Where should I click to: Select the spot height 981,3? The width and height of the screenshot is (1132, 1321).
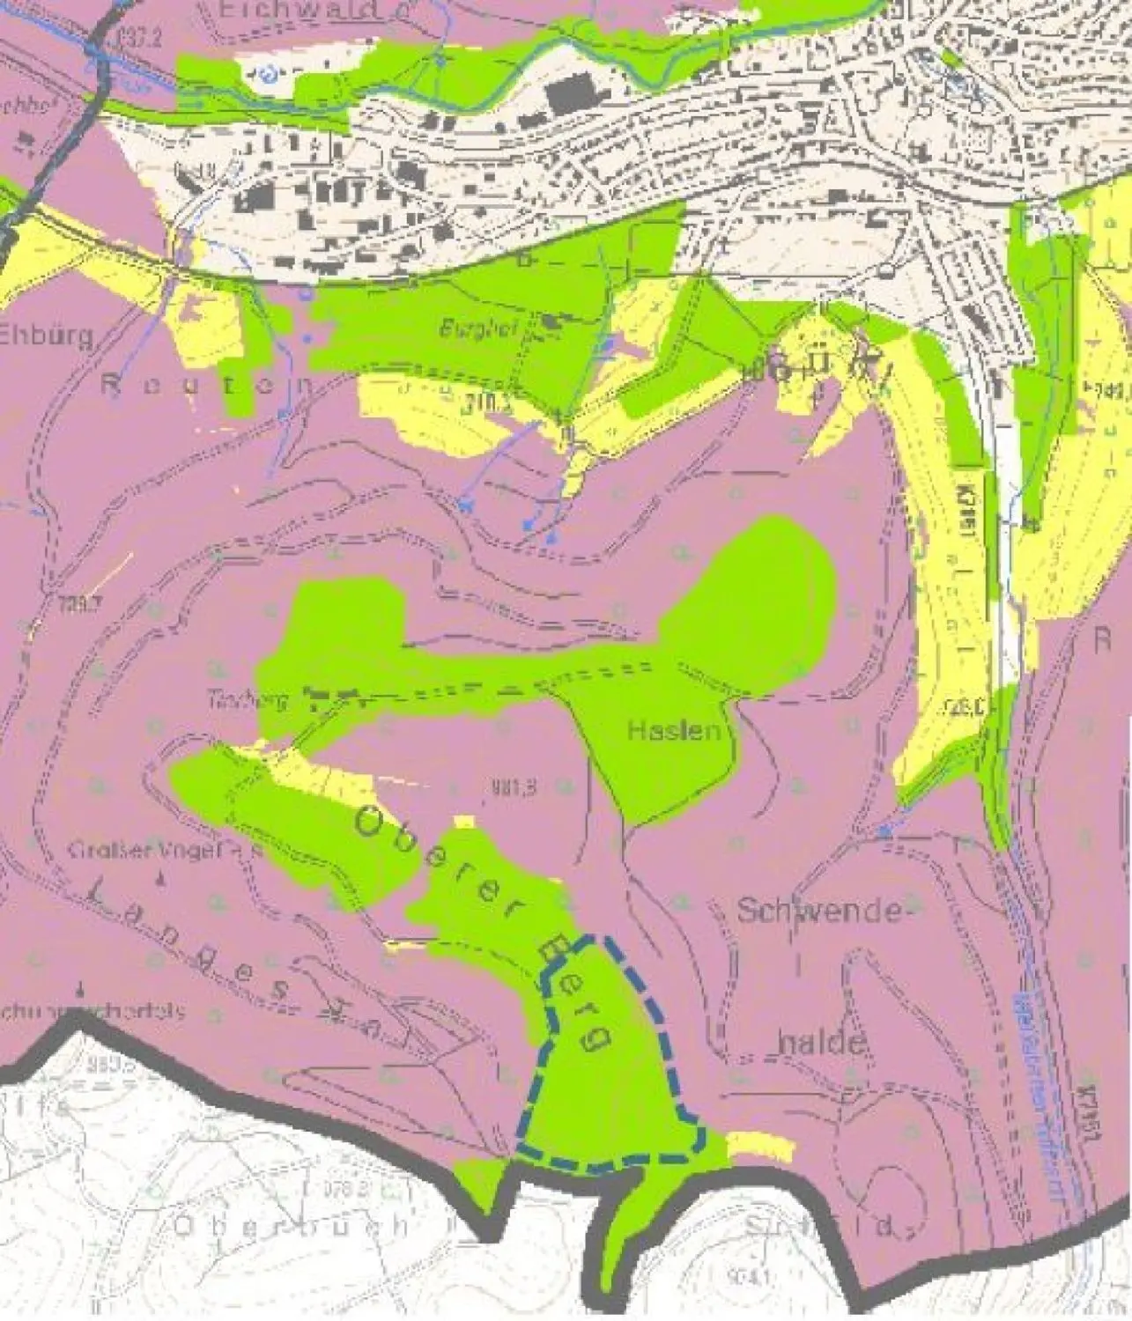coord(505,789)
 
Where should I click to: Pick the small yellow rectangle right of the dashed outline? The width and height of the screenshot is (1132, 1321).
coord(760,1145)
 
